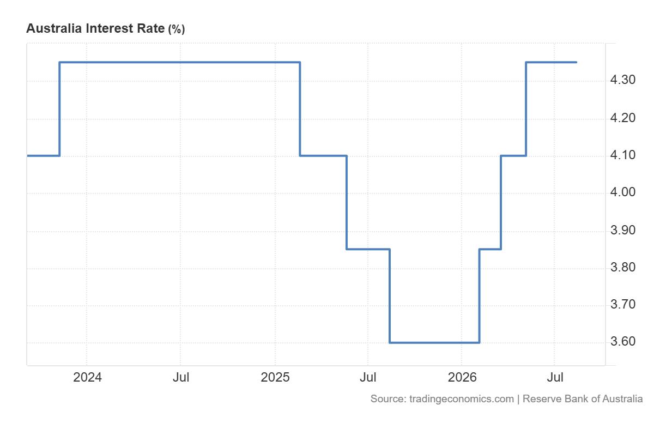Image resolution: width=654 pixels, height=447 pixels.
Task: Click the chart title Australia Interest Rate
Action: tap(95, 28)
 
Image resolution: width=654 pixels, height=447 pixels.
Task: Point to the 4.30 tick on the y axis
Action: tap(623, 80)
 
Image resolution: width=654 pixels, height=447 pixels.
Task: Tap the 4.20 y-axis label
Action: tap(623, 118)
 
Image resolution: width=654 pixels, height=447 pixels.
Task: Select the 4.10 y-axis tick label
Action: tap(623, 155)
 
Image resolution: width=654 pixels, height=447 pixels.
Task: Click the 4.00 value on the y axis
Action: tap(623, 192)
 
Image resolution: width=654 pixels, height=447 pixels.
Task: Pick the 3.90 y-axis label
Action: tap(623, 231)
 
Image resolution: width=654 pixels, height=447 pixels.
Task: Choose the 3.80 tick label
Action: tap(623, 268)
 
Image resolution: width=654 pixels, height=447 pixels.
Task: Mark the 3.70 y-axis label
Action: tap(623, 305)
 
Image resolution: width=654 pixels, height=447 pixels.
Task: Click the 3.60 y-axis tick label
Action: tap(623, 341)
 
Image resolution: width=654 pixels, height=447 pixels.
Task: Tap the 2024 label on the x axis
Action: tap(87, 378)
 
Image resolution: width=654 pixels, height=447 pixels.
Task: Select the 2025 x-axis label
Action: tap(275, 378)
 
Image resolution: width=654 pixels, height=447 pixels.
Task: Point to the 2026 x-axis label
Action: tap(462, 378)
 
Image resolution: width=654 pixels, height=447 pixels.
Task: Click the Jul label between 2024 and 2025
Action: tap(181, 378)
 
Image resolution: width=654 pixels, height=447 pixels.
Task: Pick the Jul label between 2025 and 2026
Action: tap(368, 378)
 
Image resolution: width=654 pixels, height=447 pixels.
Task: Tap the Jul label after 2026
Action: tap(555, 378)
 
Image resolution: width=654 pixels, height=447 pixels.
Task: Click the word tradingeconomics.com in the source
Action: tap(461, 399)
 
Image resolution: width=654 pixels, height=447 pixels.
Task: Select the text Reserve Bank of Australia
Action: tap(583, 399)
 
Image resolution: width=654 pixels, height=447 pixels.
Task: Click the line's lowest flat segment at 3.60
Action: tap(435, 342)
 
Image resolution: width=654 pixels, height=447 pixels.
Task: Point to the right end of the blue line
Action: tap(577, 62)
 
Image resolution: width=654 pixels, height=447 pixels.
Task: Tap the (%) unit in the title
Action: tap(177, 29)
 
